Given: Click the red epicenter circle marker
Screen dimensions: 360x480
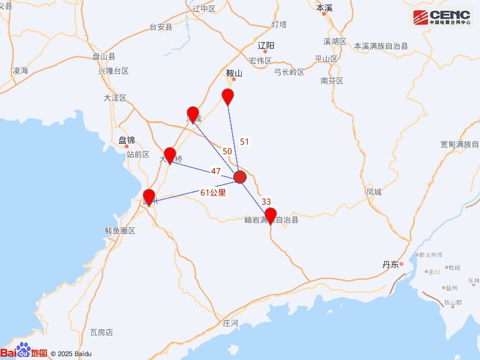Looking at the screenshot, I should tap(240, 177).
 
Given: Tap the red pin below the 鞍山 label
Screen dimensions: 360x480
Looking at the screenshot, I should tap(227, 96).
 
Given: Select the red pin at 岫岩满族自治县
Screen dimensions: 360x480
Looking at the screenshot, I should tap(271, 215).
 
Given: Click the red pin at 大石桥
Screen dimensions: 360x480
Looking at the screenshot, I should tap(170, 155).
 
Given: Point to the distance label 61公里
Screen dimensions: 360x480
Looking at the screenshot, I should tap(213, 193).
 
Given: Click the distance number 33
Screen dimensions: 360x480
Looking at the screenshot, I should tap(267, 202).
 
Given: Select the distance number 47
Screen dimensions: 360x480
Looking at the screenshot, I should tap(216, 171).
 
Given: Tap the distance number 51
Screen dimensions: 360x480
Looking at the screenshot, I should tap(244, 142).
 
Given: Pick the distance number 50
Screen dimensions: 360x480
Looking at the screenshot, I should tap(227, 151).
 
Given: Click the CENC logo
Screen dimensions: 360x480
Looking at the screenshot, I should tap(441, 18).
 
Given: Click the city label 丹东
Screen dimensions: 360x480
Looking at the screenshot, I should tap(390, 265).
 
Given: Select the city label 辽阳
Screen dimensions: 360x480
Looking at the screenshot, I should tap(265, 46).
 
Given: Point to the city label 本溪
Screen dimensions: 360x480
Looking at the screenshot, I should tap(324, 8).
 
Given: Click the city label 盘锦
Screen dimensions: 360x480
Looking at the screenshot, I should tap(127, 140).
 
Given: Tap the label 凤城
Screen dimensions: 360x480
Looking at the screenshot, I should tap(373, 192).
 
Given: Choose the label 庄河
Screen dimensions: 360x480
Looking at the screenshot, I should tap(230, 323).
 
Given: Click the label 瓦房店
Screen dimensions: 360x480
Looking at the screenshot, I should tap(101, 332).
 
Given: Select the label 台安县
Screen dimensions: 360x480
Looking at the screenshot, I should tap(161, 27).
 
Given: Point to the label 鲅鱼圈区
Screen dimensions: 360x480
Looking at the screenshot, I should tap(120, 231).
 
